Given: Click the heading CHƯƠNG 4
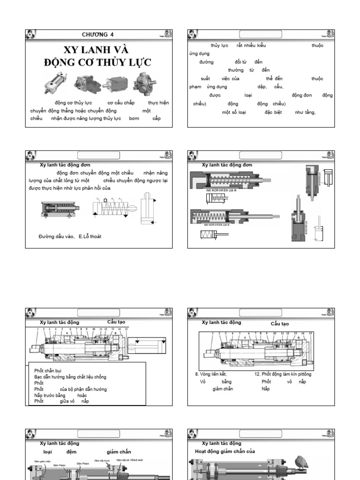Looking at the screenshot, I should coord(97,34).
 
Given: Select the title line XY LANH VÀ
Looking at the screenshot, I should coord(96,50).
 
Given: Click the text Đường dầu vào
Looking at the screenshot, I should coord(57,237).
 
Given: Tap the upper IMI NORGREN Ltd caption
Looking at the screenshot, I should coord(221,190).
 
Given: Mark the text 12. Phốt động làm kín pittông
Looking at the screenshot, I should coord(283,374).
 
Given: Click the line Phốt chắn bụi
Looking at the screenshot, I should coord(48,371).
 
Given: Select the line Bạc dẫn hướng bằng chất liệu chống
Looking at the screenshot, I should coord(70,377).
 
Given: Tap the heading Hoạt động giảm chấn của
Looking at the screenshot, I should coord(225,451).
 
